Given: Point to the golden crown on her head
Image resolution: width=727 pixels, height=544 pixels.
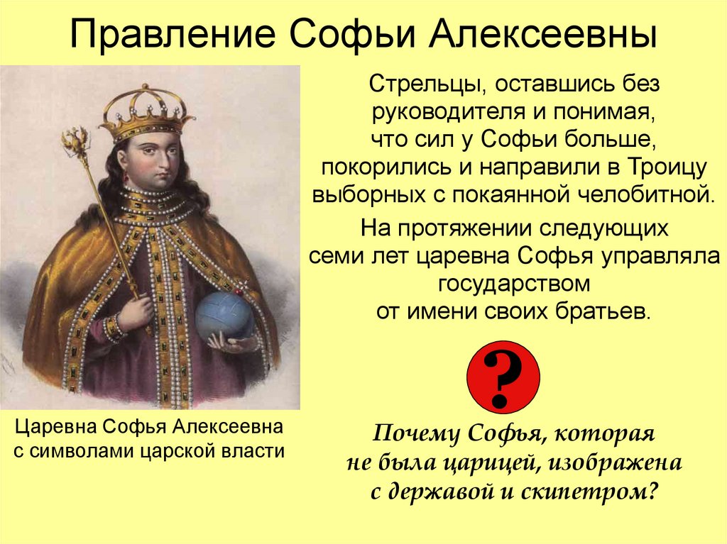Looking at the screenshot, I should point(146,111).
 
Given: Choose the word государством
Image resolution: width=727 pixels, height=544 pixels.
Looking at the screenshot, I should point(515,284).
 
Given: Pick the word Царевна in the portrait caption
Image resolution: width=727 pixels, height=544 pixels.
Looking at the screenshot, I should point(58,427).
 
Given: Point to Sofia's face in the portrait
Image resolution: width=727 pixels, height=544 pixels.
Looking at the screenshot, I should point(152,157).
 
